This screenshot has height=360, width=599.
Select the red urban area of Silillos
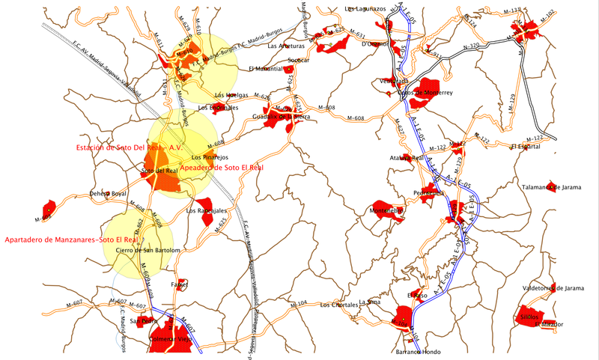(531, 315)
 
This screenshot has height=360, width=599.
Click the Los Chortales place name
(339, 305)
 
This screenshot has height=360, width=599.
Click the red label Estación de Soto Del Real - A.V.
(129, 147)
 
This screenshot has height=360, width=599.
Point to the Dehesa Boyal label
(109, 195)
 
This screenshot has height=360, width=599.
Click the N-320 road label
(472, 46)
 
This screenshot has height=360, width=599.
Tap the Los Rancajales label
(206, 211)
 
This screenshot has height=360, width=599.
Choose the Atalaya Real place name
(407, 158)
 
